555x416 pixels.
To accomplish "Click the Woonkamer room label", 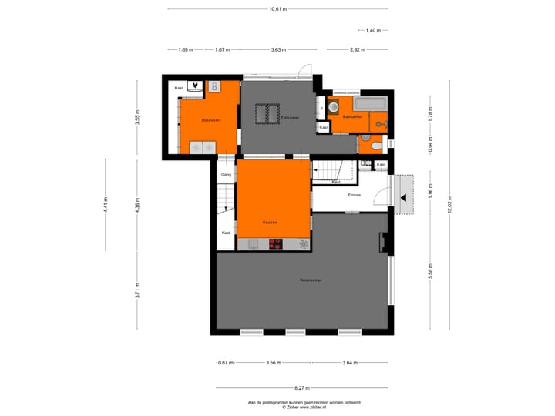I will [311, 280].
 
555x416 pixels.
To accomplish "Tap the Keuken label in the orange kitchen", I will [270, 222].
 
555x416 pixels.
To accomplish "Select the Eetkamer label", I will [290, 117].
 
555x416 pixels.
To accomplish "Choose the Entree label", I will [355, 194].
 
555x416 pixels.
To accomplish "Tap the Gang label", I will [226, 175].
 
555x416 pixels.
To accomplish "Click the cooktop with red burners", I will [276, 244].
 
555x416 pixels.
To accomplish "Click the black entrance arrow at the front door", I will [402, 198].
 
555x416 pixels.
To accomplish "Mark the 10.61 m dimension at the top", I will [277, 9].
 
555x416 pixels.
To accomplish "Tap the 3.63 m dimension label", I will [277, 49].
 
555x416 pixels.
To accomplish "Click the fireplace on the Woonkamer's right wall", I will [382, 243].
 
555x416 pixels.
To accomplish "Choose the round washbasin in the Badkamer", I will [334, 107].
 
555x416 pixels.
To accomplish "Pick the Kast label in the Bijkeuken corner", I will [179, 88].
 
